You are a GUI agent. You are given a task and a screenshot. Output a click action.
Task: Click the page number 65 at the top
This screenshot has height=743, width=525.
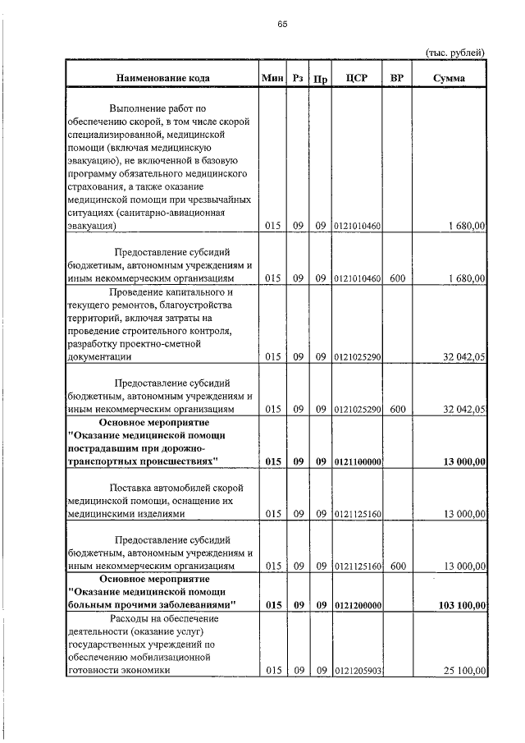(x=281, y=24)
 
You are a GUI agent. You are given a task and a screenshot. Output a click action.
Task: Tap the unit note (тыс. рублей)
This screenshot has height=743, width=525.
(x=455, y=53)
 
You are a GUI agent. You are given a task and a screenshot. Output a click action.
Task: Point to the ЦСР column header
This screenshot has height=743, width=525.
(x=357, y=78)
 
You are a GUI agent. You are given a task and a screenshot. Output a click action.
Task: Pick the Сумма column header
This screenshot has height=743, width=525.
(x=450, y=78)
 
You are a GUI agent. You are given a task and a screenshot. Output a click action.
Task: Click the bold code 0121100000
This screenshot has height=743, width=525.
(x=358, y=462)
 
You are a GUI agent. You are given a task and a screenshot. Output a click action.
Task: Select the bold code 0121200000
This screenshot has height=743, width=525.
(x=358, y=605)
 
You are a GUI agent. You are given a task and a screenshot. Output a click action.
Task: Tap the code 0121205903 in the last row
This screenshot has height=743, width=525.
(x=358, y=671)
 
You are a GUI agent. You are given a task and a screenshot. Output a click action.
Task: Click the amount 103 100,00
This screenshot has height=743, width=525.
(x=463, y=605)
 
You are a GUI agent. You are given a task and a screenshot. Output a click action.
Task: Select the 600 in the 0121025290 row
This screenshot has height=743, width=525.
(x=397, y=409)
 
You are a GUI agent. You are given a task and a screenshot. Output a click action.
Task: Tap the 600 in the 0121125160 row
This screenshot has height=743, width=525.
(x=397, y=566)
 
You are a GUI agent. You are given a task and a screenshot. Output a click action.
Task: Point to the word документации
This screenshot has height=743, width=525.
(x=97, y=357)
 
